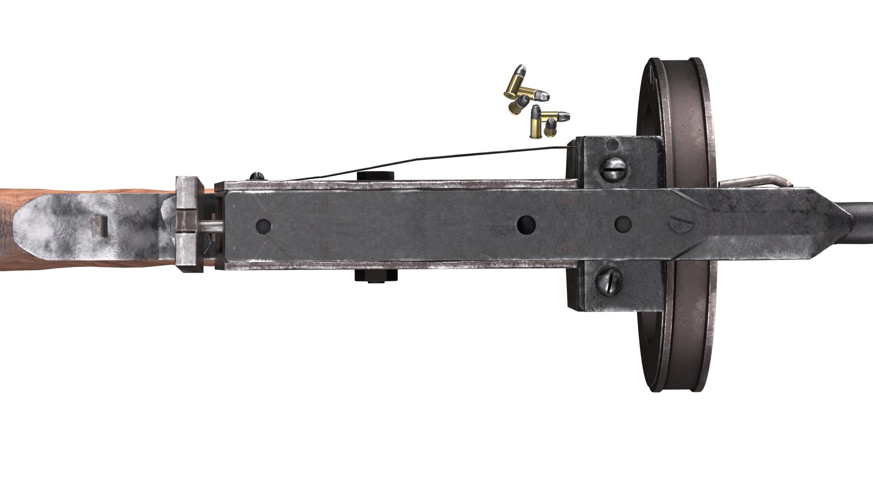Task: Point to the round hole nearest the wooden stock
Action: pos(263,225)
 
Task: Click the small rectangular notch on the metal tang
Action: pos(100,226)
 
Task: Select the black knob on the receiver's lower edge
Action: pos(376,276)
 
